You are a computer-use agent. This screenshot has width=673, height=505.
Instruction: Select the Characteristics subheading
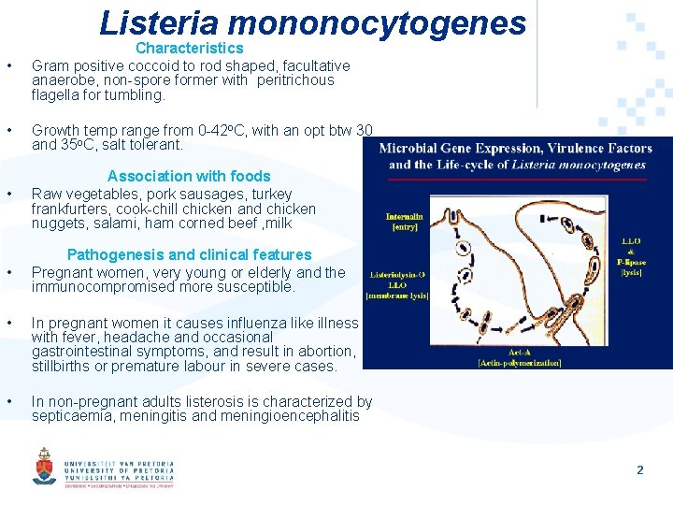(189, 48)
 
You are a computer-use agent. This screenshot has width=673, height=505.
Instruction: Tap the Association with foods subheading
(189, 176)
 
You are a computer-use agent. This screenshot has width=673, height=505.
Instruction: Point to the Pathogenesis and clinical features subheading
(189, 254)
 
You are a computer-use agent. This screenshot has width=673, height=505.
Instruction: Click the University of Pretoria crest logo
(44, 466)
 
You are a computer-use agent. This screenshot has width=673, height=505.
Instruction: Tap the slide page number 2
(640, 470)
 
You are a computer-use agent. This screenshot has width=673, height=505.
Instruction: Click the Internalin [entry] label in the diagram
(404, 222)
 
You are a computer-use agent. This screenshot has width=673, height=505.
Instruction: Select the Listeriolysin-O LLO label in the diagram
(399, 283)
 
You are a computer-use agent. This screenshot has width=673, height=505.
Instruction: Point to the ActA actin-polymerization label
(519, 356)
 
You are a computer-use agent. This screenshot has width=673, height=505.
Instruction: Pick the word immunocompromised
(100, 287)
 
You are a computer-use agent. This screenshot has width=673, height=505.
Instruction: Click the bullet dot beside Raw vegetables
(8, 195)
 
